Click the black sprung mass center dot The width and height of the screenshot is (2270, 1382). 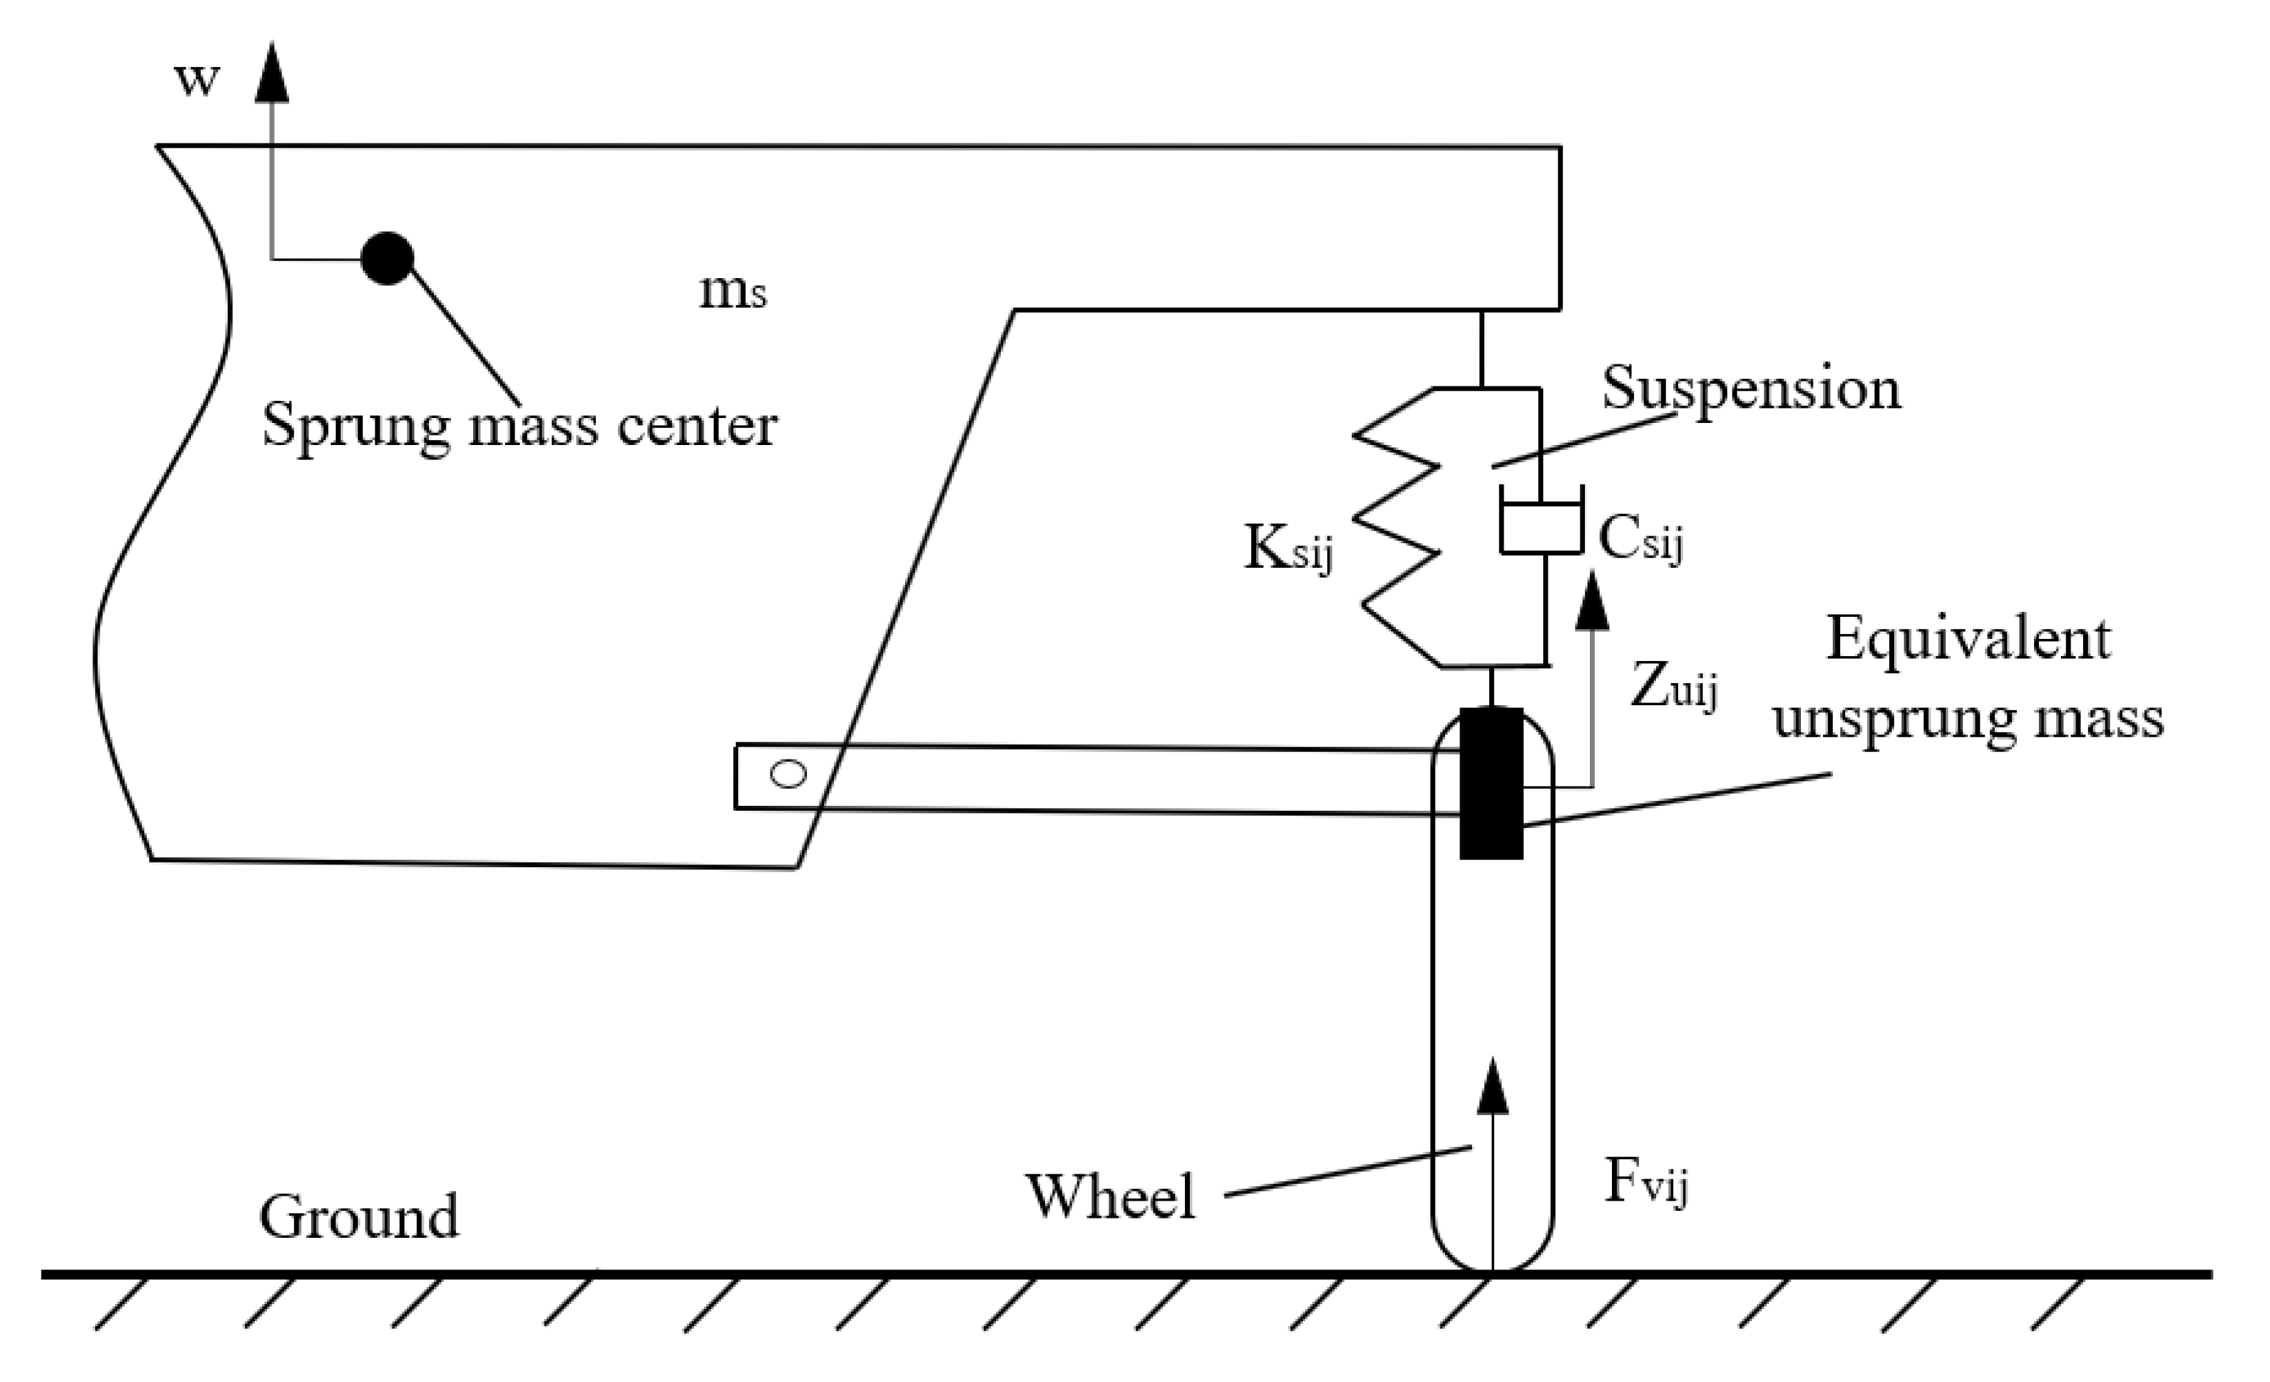[x=387, y=258]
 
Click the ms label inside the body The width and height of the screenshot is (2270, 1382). [x=733, y=291]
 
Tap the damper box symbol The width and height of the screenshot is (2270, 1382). [x=1542, y=529]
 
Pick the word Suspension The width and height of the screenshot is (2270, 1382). [x=1751, y=389]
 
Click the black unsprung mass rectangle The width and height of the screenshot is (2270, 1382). [x=1491, y=783]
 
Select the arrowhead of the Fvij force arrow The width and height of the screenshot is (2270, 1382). [x=1493, y=1087]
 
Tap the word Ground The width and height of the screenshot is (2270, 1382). [x=359, y=1217]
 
